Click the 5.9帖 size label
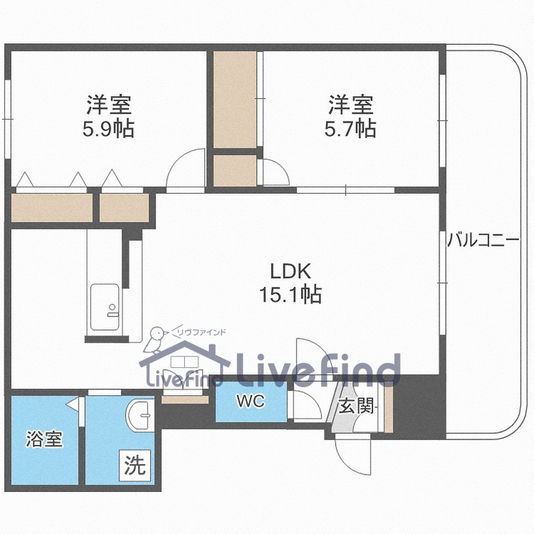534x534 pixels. [108, 128]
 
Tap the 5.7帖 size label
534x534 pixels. [350, 128]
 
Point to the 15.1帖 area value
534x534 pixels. [290, 294]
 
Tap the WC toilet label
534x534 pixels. [250, 401]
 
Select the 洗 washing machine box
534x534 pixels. [135, 465]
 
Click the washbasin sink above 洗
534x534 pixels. [141, 417]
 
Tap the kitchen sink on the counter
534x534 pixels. [105, 308]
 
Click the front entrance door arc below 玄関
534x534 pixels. [352, 454]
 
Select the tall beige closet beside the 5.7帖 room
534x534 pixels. [235, 100]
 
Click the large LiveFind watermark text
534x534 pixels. [318, 369]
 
